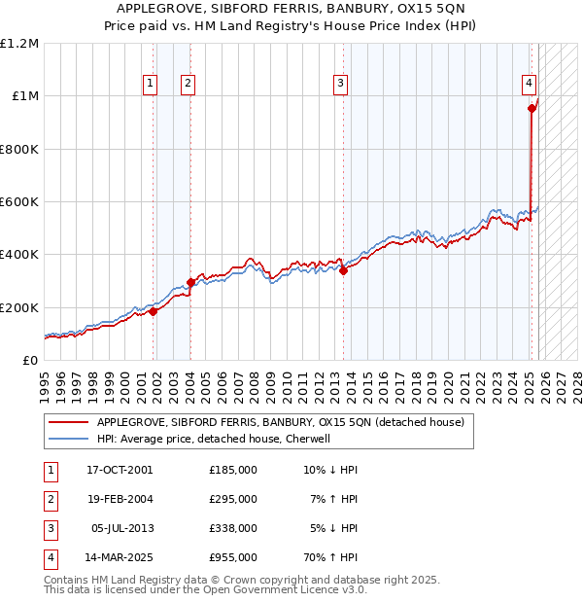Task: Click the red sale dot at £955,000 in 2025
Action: click(532, 109)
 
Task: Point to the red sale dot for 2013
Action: click(343, 271)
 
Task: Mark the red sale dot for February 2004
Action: click(190, 282)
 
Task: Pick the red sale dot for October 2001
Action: click(154, 311)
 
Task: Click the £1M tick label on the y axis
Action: click(26, 96)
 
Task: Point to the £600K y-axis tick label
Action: click(20, 202)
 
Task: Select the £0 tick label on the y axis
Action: click(31, 361)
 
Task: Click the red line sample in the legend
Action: click(69, 423)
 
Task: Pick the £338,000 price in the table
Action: click(233, 528)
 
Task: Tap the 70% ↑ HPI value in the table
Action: click(329, 557)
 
